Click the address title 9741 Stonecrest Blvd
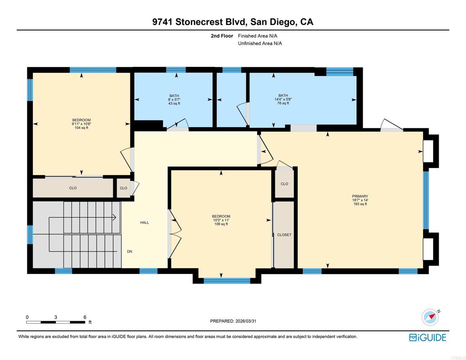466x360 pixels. (x=233, y=21)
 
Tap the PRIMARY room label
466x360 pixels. (x=360, y=196)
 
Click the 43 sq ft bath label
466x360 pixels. (x=174, y=103)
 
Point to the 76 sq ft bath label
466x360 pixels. (x=283, y=103)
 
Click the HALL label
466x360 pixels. (x=144, y=223)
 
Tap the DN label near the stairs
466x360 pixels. (x=130, y=251)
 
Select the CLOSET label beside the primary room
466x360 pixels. (x=284, y=235)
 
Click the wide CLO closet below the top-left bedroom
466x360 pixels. (x=73, y=188)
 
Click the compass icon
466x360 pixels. (x=430, y=317)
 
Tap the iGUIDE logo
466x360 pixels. (x=427, y=337)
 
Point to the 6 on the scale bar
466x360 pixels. (x=85, y=317)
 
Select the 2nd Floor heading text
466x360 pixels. (x=222, y=35)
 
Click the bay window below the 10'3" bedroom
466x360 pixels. (x=227, y=280)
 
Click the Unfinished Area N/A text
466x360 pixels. (x=260, y=44)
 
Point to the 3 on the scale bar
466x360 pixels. (x=56, y=317)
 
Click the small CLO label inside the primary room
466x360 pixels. (x=284, y=184)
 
